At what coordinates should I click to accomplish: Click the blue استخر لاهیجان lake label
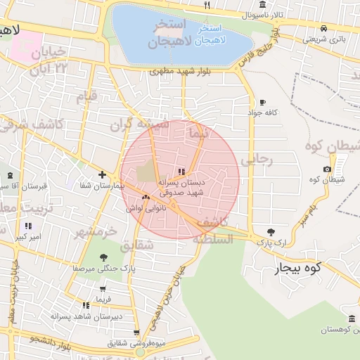tap(211, 34)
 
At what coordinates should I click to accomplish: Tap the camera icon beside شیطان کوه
tap(327, 169)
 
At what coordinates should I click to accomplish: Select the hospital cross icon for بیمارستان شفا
tap(103, 174)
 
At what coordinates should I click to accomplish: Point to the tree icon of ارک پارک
tap(271, 231)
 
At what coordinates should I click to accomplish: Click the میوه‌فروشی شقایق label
tap(136, 344)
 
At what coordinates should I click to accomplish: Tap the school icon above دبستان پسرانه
tap(181, 172)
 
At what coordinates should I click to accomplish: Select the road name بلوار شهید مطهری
tap(176, 72)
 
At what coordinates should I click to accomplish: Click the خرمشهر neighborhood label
tap(96, 232)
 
